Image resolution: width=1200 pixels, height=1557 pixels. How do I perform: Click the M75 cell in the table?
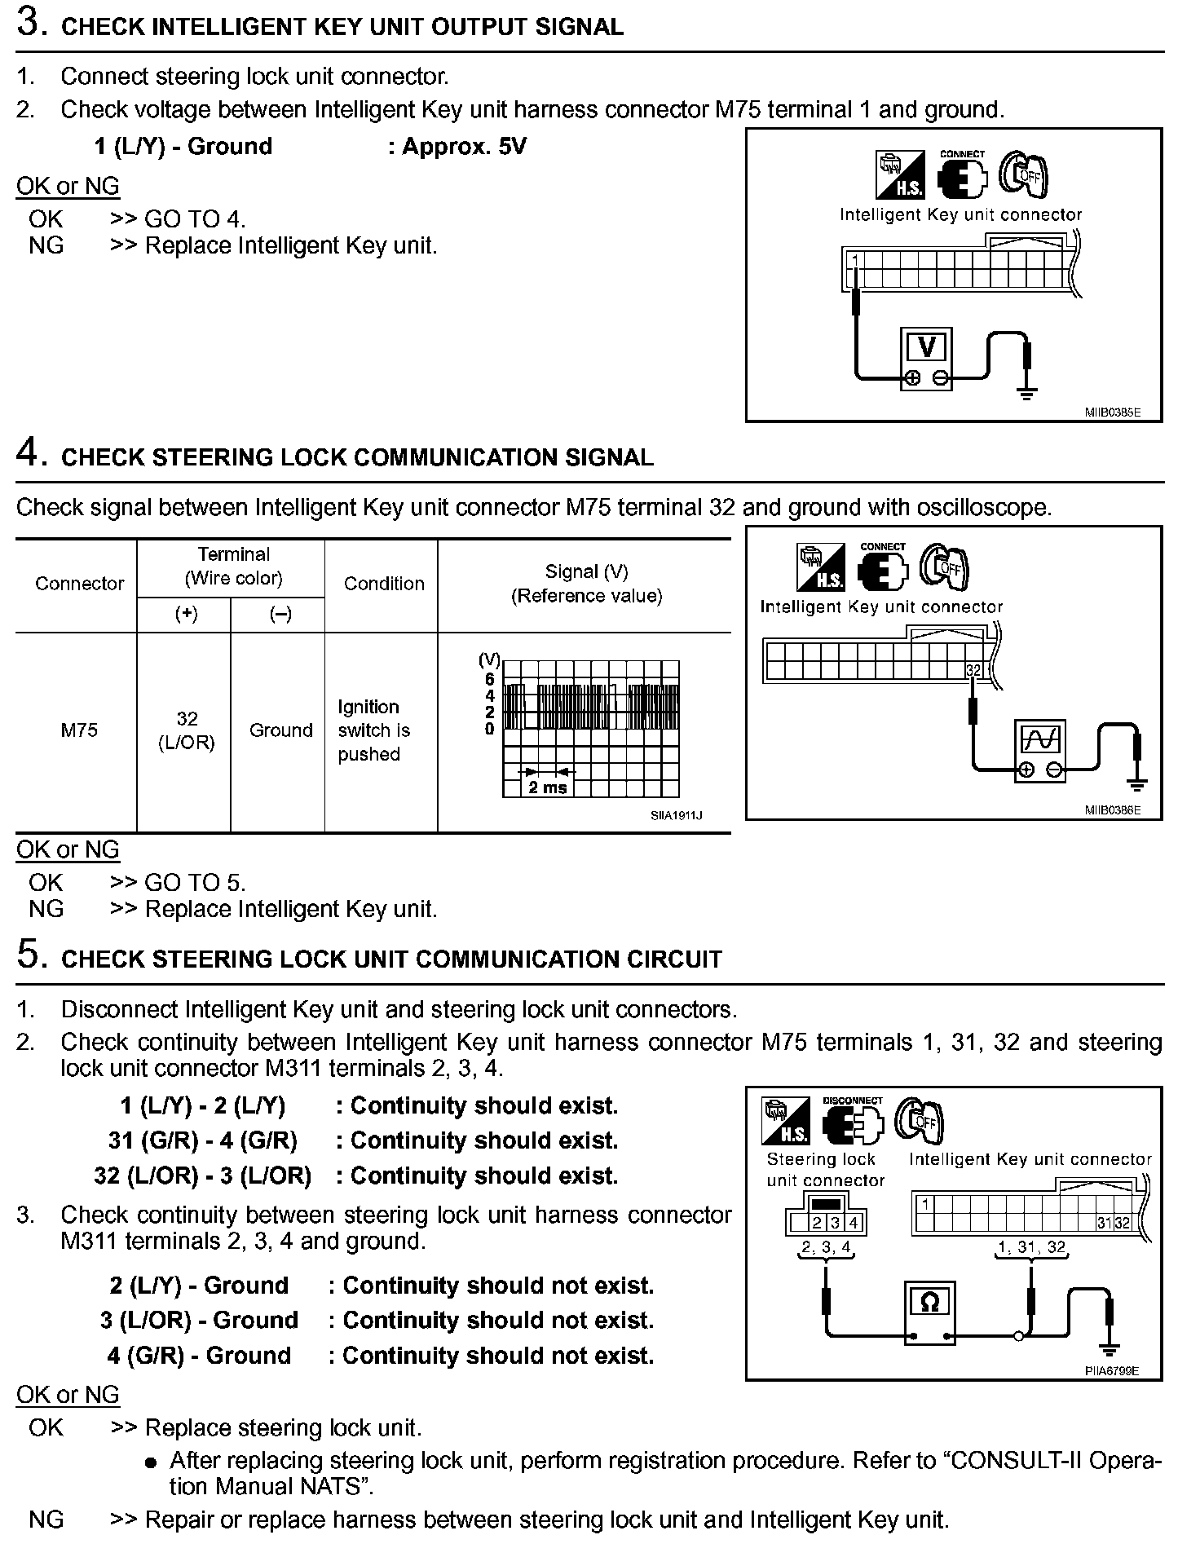click(x=78, y=730)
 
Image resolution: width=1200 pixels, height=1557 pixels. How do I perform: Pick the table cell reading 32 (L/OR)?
click(x=187, y=730)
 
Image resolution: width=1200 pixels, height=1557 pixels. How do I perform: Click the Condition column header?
click(x=384, y=584)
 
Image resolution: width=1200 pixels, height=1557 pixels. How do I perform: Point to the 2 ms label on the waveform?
click(x=547, y=787)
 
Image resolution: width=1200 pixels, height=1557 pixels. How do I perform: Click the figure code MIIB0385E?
click(x=1112, y=412)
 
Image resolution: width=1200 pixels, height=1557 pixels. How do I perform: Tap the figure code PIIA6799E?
click(x=1112, y=1370)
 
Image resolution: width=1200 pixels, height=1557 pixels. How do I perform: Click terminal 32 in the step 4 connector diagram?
click(x=973, y=670)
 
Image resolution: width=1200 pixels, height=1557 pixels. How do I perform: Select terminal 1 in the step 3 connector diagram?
click(x=855, y=261)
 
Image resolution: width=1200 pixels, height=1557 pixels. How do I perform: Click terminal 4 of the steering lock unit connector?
click(x=853, y=1223)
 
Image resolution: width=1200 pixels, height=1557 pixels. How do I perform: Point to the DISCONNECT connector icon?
click(x=852, y=1122)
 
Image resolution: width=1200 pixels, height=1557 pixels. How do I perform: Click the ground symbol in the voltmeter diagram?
click(x=1027, y=394)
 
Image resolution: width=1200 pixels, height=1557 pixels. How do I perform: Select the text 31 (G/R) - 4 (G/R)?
click(x=203, y=1140)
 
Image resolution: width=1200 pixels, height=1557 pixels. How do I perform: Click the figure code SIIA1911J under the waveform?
click(x=676, y=815)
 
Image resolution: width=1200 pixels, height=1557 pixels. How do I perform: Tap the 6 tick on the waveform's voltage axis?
click(x=489, y=679)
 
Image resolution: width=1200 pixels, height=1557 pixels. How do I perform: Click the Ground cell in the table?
click(x=280, y=730)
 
